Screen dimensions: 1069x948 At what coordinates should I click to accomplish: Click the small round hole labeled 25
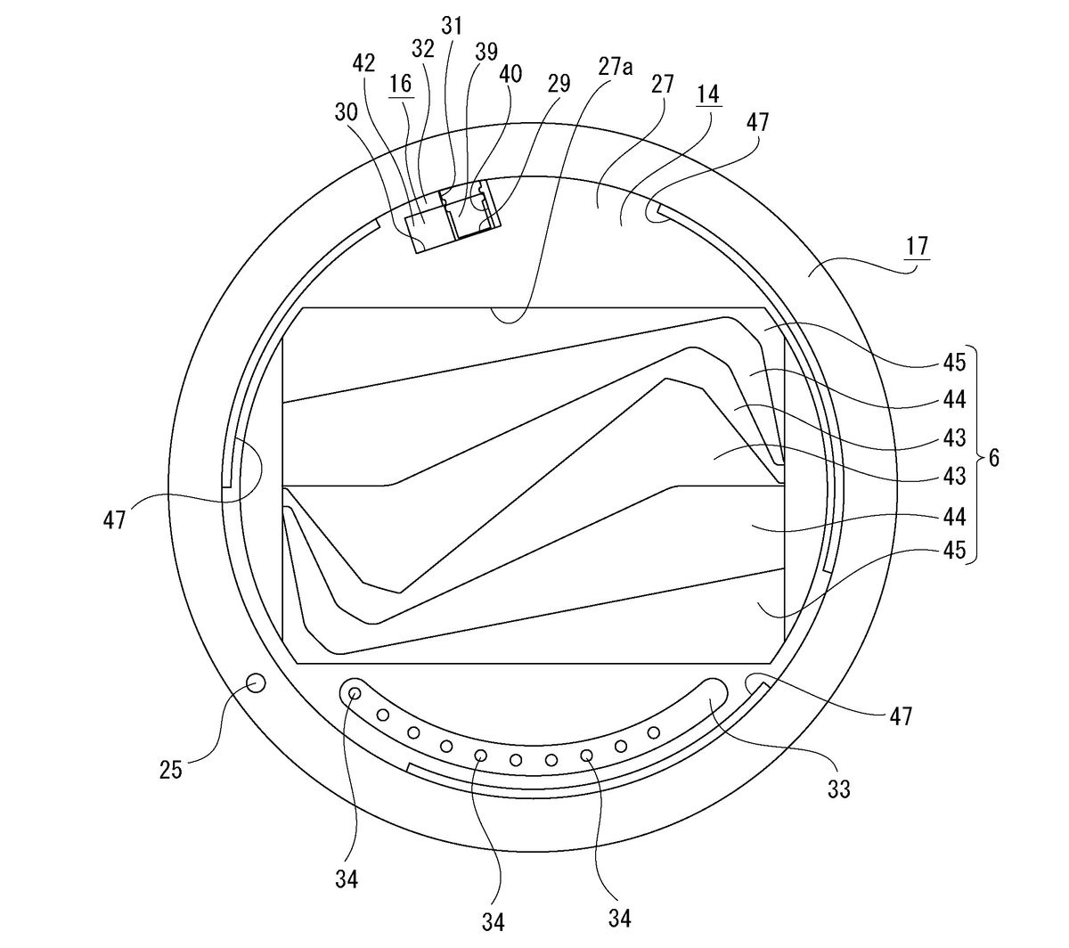(x=256, y=684)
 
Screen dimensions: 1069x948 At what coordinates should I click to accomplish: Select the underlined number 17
(x=917, y=247)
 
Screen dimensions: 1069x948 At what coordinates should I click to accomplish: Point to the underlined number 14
(x=708, y=94)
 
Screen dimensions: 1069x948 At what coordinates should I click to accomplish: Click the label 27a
(x=616, y=67)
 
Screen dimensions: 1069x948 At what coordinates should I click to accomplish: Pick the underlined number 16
(x=401, y=84)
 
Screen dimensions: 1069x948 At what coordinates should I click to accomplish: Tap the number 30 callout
(x=347, y=112)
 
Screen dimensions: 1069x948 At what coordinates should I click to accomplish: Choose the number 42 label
(x=363, y=63)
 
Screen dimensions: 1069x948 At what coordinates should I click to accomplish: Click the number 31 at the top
(x=452, y=25)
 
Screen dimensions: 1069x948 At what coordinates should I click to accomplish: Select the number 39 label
(x=486, y=51)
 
